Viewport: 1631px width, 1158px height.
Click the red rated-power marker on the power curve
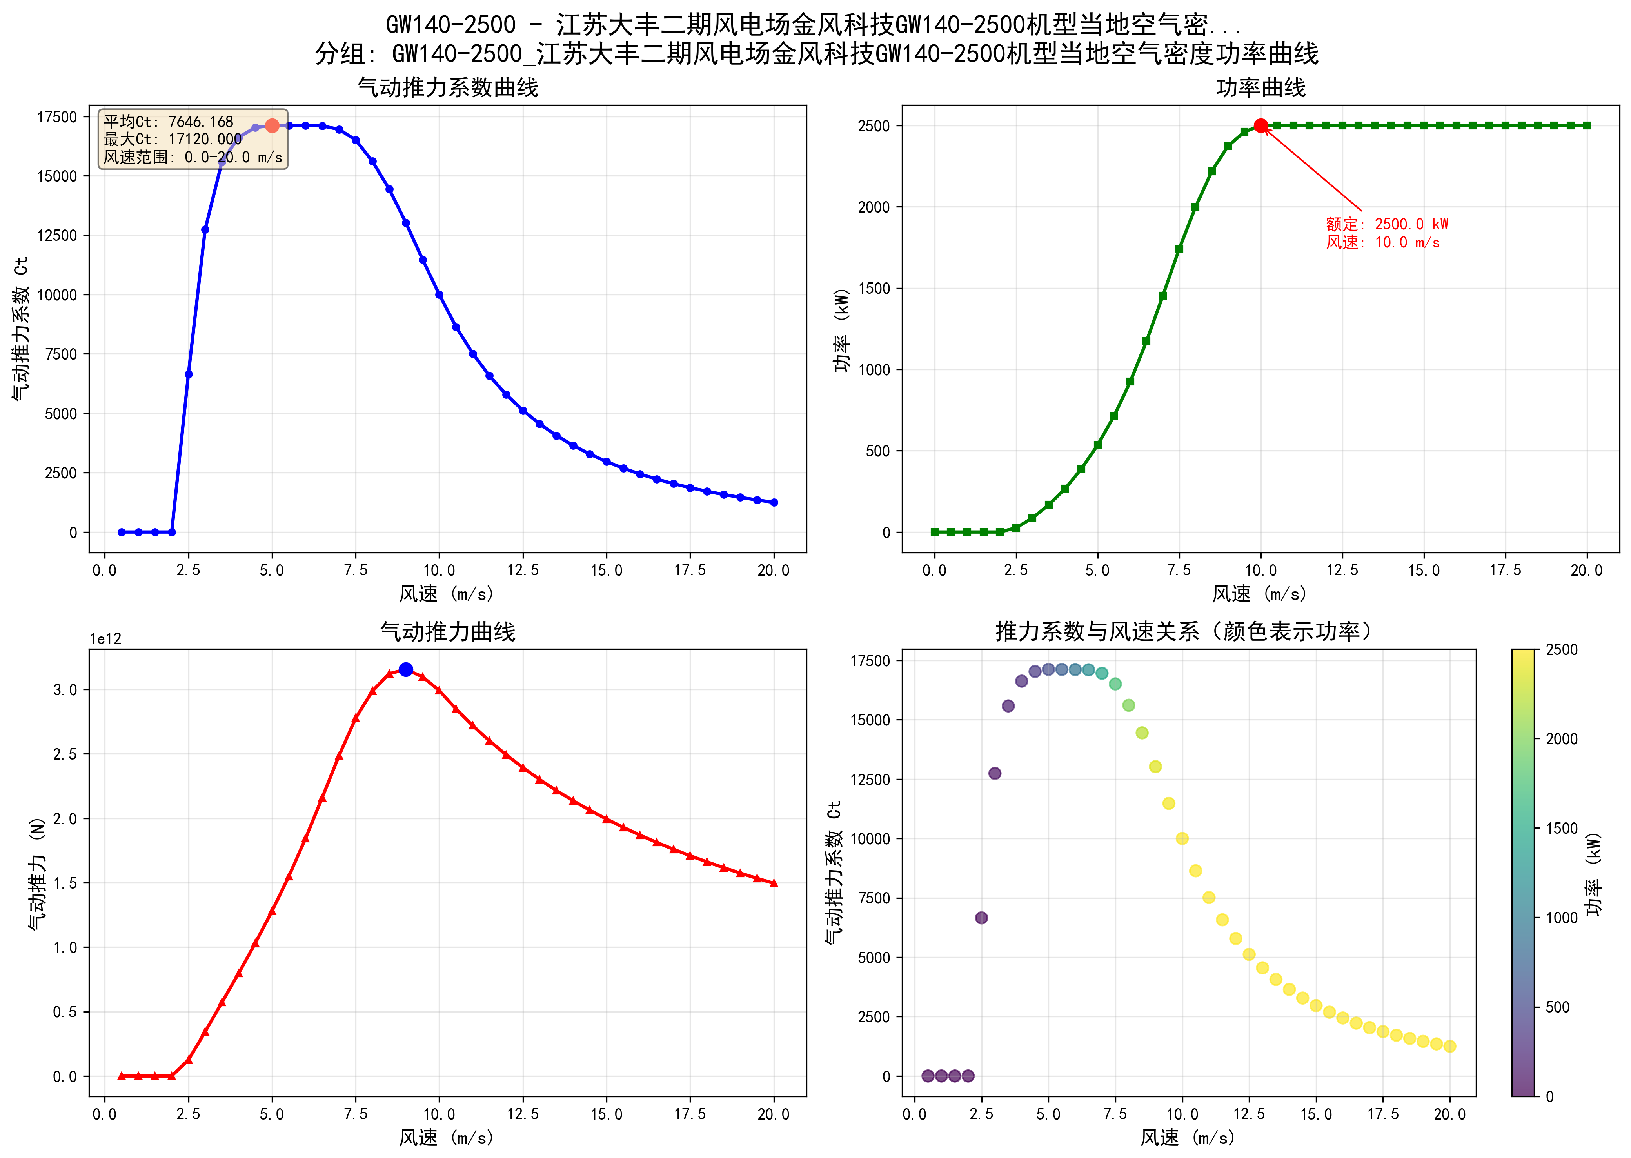coord(1260,125)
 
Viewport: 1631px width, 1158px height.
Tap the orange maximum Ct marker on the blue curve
coord(272,125)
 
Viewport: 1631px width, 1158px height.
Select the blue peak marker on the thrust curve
coord(406,669)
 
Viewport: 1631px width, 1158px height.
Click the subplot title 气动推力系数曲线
coord(448,88)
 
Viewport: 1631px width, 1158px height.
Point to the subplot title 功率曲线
coord(1260,88)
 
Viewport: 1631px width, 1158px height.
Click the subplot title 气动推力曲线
coord(448,632)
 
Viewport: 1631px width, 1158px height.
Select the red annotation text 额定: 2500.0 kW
coord(1386,224)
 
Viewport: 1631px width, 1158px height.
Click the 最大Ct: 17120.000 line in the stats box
coord(173,139)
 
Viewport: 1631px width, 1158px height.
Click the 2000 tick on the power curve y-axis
coord(874,207)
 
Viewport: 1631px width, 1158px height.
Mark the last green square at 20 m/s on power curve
coord(1587,125)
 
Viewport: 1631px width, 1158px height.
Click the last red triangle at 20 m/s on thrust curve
coord(774,883)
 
